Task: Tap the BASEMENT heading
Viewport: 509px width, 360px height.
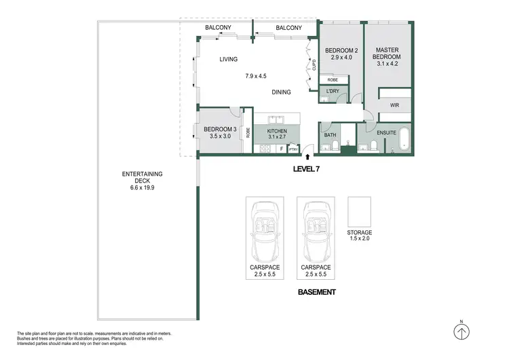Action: coord(318,292)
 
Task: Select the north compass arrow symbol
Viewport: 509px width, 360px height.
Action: coord(461,332)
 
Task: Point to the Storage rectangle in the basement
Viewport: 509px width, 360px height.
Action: coord(359,213)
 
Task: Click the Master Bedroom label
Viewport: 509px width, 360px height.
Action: coord(388,54)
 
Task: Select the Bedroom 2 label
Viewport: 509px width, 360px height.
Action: coord(341,54)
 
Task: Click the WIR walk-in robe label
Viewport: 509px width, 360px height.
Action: coord(394,106)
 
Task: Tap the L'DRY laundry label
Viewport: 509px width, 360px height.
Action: coord(333,91)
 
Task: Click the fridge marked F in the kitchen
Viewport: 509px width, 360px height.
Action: coord(281,148)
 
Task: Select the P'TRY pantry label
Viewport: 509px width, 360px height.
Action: coord(293,149)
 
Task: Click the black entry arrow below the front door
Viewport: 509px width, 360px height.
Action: coord(310,156)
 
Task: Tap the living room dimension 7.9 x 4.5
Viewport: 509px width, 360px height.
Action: coord(257,76)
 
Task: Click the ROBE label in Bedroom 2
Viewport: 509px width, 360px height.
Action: coord(333,79)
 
